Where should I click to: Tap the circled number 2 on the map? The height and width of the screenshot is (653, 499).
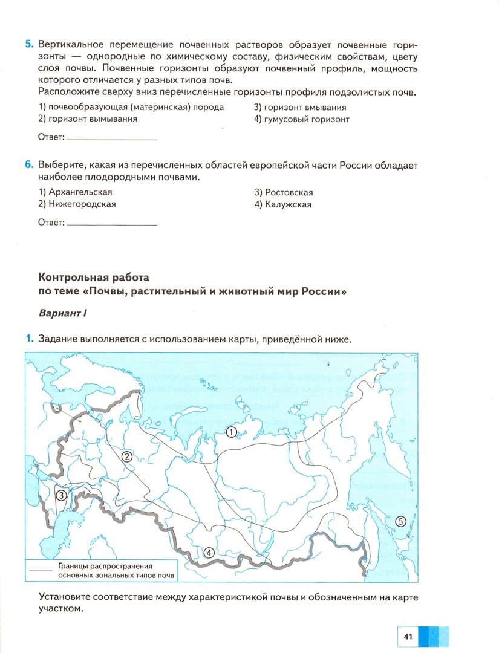click(127, 456)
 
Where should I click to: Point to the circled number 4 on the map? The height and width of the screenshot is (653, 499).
click(209, 551)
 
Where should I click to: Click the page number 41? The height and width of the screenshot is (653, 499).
click(407, 636)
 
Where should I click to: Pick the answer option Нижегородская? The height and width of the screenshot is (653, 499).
click(77, 204)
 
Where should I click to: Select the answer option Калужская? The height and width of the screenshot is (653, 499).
click(282, 204)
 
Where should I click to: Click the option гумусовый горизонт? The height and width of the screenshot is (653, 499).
click(302, 119)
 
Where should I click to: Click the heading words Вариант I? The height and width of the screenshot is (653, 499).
click(64, 314)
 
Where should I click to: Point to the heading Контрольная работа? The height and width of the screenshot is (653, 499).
click(93, 278)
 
